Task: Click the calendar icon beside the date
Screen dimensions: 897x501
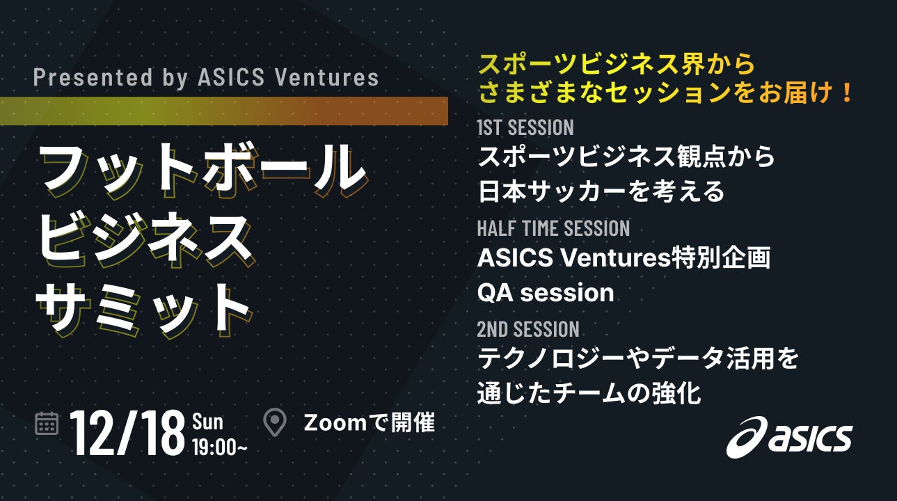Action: click(x=47, y=423)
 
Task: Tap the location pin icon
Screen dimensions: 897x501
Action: click(x=275, y=422)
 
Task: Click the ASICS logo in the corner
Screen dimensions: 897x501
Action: click(x=789, y=437)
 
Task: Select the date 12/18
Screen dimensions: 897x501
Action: click(x=127, y=434)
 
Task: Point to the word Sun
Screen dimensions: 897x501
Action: click(x=207, y=422)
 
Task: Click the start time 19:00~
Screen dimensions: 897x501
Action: click(x=220, y=447)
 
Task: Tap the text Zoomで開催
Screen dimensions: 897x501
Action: click(x=370, y=423)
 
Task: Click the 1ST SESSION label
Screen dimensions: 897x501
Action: click(x=525, y=128)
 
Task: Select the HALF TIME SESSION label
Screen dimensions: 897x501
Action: click(x=553, y=228)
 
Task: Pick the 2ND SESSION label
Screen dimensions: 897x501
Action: click(x=528, y=329)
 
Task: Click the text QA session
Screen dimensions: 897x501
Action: click(x=546, y=293)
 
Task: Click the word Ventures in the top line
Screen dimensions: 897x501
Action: click(x=327, y=77)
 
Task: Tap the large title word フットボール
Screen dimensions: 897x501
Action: click(x=203, y=170)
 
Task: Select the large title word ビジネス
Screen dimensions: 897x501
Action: click(x=145, y=240)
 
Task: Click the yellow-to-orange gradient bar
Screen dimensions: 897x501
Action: click(x=224, y=111)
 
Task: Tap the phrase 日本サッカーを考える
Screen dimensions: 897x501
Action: click(x=601, y=192)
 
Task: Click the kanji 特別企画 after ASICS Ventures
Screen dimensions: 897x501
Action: click(x=721, y=257)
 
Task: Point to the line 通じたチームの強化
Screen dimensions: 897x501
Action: click(x=589, y=393)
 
